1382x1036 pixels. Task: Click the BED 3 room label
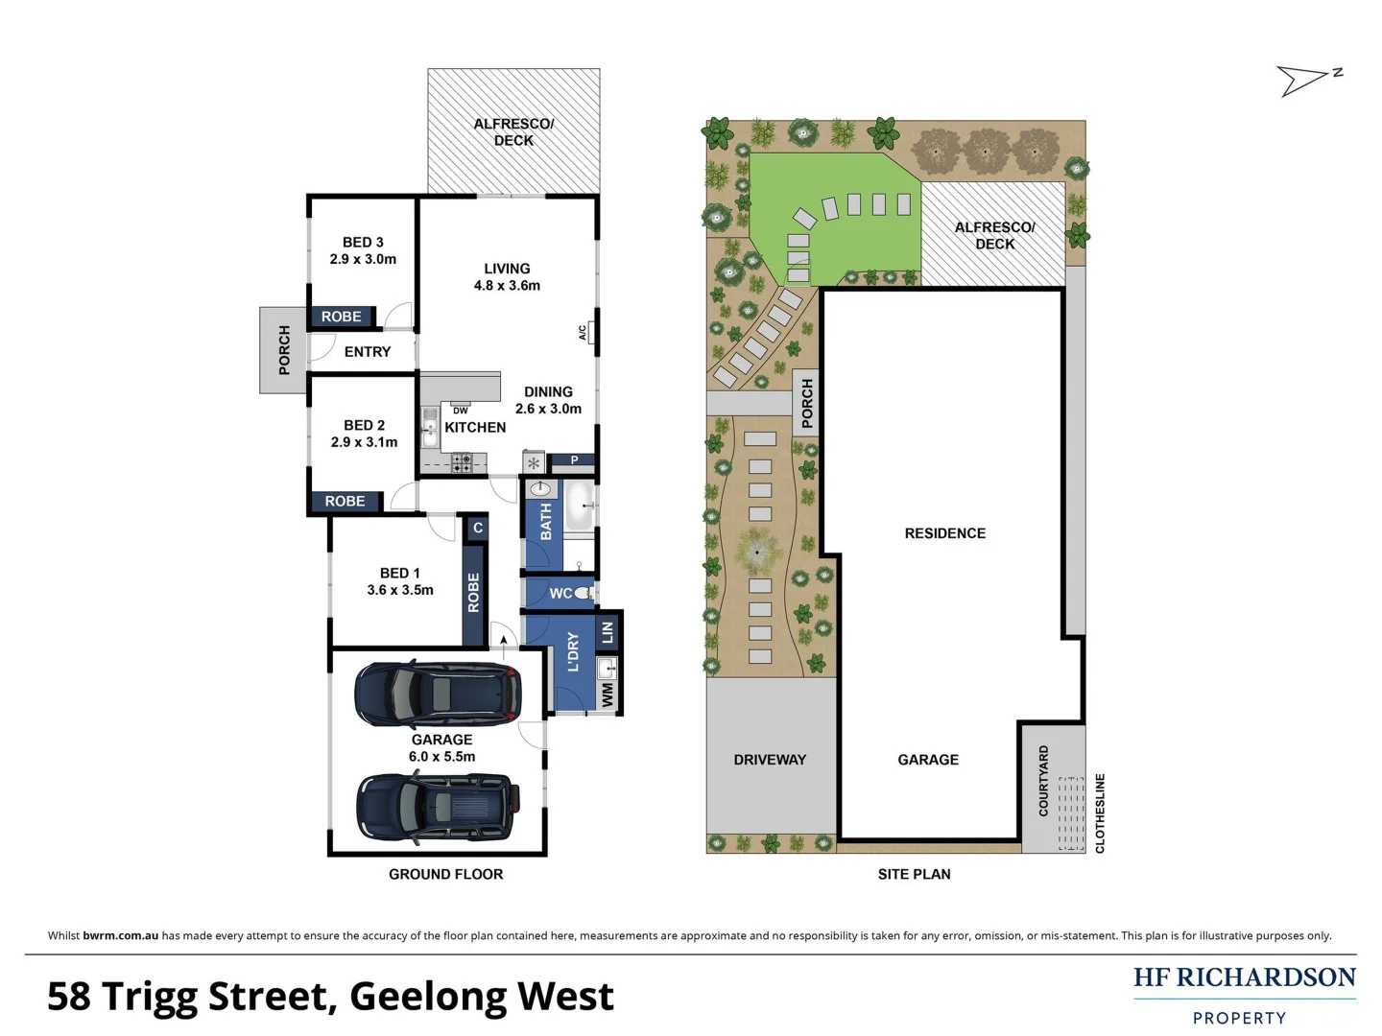coord(363,243)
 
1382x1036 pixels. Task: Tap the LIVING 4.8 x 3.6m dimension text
coord(507,285)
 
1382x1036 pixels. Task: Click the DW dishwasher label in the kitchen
coord(461,410)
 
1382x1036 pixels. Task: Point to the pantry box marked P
coord(574,460)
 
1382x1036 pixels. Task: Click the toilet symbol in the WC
coord(584,595)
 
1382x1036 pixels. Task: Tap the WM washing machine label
coord(607,695)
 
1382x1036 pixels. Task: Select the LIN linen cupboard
coord(607,632)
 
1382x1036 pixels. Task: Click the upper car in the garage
coord(439,693)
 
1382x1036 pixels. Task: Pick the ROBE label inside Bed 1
coord(473,593)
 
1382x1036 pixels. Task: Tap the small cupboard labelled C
coord(477,528)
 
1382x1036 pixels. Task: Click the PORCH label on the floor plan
coord(284,350)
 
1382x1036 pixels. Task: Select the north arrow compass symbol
coord(1307,80)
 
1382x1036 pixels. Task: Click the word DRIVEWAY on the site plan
coord(770,759)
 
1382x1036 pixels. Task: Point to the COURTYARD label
coord(1043,781)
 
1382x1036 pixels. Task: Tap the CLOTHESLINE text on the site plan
coord(1100,813)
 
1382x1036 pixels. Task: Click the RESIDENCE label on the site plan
coord(944,533)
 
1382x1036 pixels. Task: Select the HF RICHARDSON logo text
coord(1244,977)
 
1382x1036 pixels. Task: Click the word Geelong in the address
coord(428,997)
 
